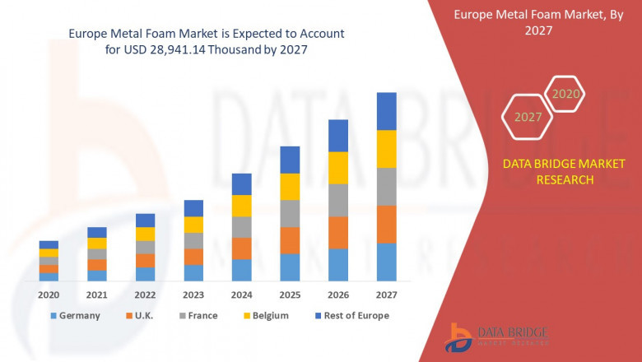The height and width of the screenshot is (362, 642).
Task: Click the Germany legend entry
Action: point(75,315)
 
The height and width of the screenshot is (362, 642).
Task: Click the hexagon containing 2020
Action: point(566,94)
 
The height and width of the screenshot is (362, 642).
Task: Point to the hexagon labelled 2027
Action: point(528,117)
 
